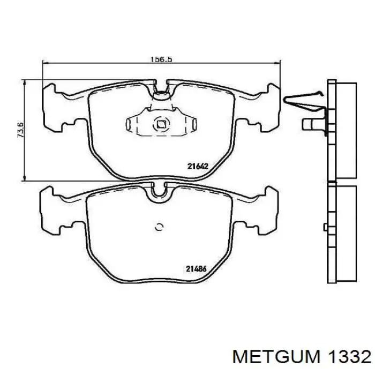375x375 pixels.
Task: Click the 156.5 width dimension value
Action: [161, 59]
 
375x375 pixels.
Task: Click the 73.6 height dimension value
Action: [20, 130]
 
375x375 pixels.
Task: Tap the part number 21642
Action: [198, 166]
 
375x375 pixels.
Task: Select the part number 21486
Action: [196, 269]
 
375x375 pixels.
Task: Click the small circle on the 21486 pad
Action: [159, 227]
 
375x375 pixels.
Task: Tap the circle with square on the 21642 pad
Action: [161, 124]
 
